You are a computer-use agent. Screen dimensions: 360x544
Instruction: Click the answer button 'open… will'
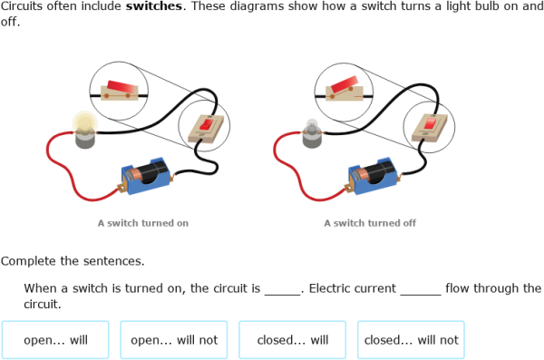pyautogui.click(x=55, y=341)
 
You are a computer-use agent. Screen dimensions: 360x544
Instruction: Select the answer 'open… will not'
pyautogui.click(x=174, y=341)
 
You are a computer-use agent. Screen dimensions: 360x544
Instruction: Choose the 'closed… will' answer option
pyautogui.click(x=293, y=341)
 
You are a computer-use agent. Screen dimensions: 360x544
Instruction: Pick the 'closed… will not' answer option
pyautogui.click(x=411, y=341)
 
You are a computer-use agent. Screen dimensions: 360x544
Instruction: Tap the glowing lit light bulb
pyautogui.click(x=84, y=128)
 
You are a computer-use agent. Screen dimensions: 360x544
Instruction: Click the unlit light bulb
pyautogui.click(x=310, y=132)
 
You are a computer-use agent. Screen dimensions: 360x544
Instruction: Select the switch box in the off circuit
pyautogui.click(x=429, y=127)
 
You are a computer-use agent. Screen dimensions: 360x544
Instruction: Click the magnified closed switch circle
pyautogui.click(x=119, y=91)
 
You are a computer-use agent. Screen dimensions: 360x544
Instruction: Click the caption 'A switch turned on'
pyautogui.click(x=143, y=223)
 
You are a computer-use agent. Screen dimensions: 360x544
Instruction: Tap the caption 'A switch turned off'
pyautogui.click(x=370, y=223)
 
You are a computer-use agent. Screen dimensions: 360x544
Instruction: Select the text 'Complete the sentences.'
pyautogui.click(x=73, y=261)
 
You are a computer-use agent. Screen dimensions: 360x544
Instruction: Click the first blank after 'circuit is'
pyautogui.click(x=282, y=289)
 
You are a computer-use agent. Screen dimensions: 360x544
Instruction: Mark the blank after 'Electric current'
pyautogui.click(x=420, y=289)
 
